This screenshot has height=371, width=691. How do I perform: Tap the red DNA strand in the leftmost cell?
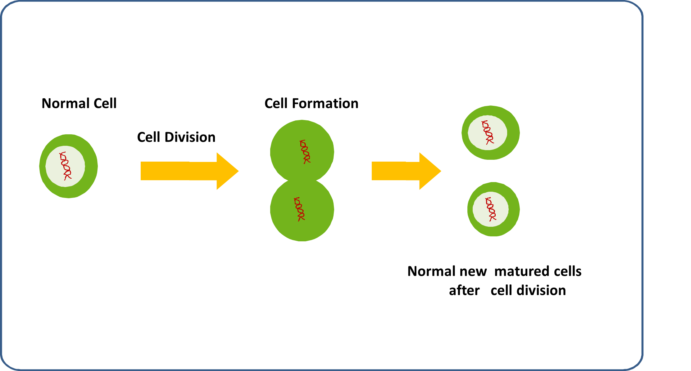[x=65, y=166]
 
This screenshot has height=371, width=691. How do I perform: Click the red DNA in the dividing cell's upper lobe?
[x=305, y=152]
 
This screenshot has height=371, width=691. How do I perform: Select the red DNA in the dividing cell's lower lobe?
[x=299, y=209]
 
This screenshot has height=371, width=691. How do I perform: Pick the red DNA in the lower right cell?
[x=491, y=209]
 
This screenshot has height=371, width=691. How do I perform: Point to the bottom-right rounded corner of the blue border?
[x=637, y=364]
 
